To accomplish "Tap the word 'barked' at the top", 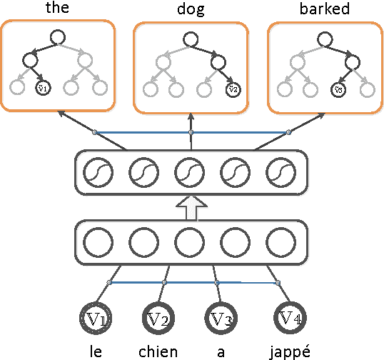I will point(325,9).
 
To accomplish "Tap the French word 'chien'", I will point(158,350).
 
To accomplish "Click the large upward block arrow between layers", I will point(191,209).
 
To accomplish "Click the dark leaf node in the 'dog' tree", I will point(231,89).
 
